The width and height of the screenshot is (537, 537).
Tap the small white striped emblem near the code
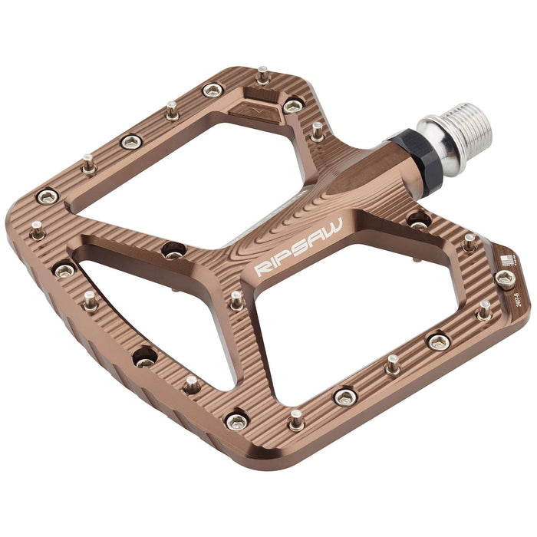pos(503,260)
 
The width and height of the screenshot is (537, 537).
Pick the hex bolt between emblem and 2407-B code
pos(505,279)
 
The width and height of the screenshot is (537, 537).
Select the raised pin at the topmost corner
pos(263,74)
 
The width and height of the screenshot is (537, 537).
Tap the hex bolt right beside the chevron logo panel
pos(293,106)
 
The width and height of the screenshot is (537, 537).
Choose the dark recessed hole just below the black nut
pos(419,220)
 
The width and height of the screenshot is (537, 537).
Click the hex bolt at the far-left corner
pos(48,197)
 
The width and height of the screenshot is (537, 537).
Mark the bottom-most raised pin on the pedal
pos(296,419)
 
